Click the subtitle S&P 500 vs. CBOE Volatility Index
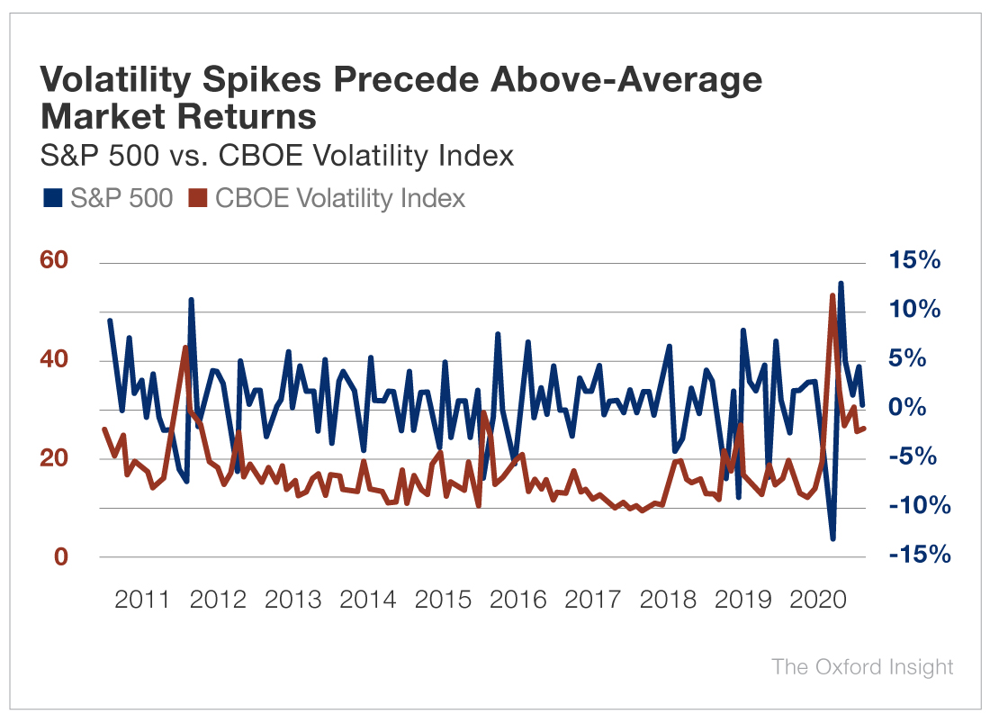click(x=277, y=156)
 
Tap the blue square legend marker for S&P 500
click(x=51, y=198)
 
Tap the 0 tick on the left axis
click(x=60, y=556)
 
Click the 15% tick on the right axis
click(x=913, y=261)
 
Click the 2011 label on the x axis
click(x=143, y=600)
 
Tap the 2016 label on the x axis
click(x=518, y=600)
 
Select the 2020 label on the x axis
click(x=819, y=600)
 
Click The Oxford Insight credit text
click(x=861, y=667)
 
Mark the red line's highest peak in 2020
click(x=832, y=295)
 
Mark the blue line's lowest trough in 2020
click(x=833, y=538)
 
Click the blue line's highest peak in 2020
click(x=841, y=283)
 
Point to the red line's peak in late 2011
click(x=185, y=348)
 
